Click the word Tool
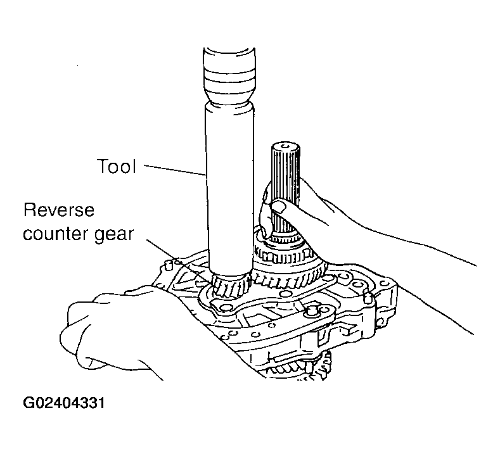coord(117,167)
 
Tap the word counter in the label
coord(53,234)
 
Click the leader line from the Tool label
coord(174,170)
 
